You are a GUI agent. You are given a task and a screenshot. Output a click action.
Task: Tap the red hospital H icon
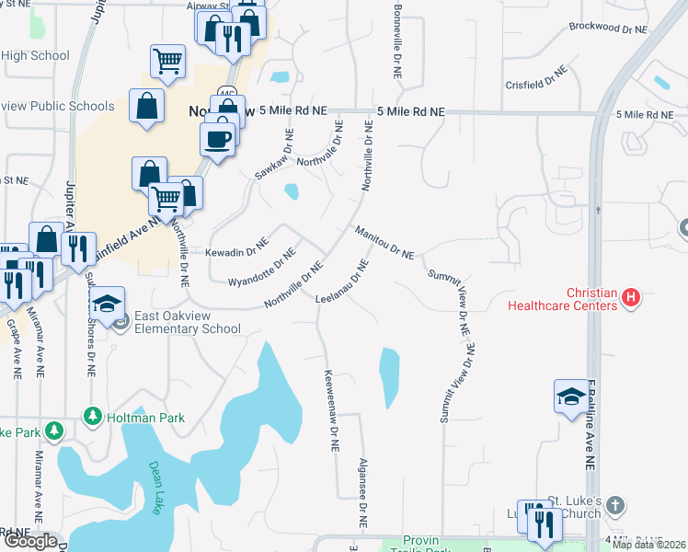(631, 297)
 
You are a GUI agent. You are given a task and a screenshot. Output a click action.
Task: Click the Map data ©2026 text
(649, 545)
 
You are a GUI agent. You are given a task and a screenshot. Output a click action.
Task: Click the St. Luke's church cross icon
(615, 506)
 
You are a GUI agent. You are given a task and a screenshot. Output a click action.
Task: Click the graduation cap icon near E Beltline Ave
(570, 396)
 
